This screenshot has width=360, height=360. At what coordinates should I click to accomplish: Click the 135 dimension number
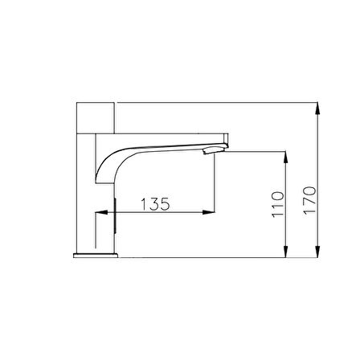(155, 204)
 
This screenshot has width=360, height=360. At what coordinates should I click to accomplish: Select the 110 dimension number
(277, 204)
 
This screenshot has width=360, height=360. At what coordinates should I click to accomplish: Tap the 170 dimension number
(309, 200)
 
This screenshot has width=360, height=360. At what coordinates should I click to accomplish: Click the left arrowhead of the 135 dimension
(101, 212)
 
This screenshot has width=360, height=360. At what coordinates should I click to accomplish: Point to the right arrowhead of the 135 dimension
(209, 212)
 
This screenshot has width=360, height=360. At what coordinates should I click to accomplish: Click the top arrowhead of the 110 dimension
(286, 157)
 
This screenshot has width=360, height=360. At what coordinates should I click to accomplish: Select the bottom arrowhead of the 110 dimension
(286, 252)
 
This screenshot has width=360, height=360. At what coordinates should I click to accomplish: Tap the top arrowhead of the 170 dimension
(317, 108)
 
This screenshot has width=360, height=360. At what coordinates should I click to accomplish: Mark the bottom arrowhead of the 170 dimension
(317, 252)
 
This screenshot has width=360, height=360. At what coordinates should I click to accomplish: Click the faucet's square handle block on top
(96, 117)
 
